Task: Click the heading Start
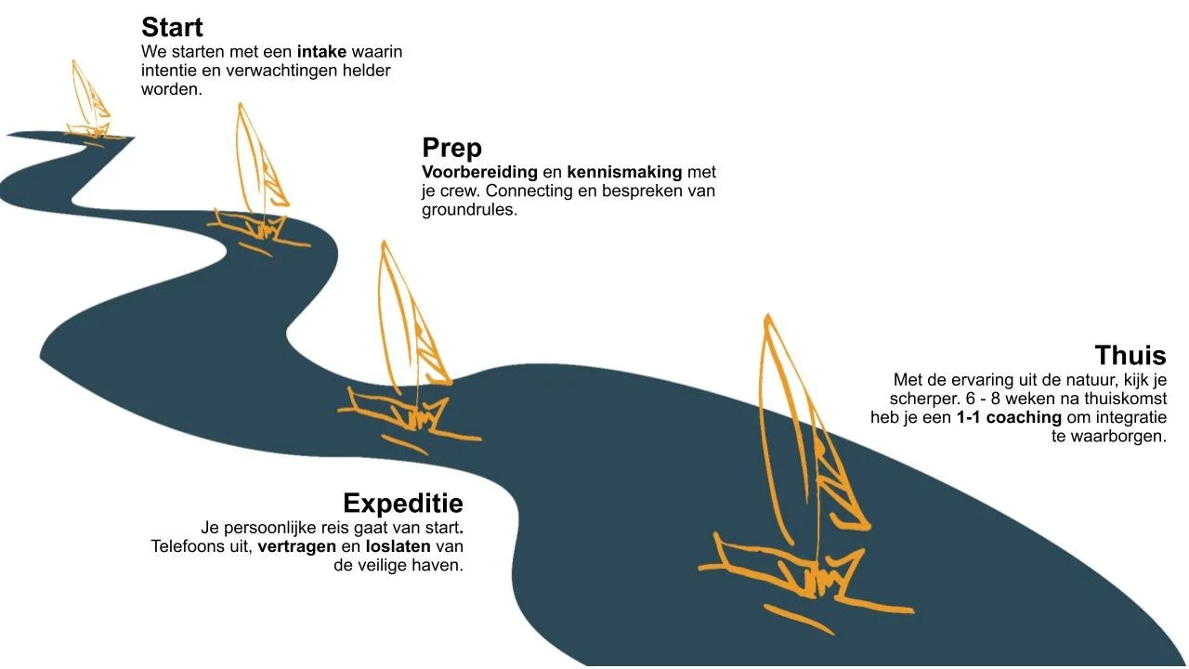172,27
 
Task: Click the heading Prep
451,148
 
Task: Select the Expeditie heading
403,504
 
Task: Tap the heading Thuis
1130,355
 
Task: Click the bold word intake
321,51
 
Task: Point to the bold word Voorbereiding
480,172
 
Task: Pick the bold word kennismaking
624,172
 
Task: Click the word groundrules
470,210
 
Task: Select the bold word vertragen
296,546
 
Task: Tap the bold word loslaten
399,546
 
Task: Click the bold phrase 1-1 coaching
1009,417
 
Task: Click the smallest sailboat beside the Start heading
88,103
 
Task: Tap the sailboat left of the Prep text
258,180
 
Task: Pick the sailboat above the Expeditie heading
410,348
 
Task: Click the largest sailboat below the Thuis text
805,475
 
